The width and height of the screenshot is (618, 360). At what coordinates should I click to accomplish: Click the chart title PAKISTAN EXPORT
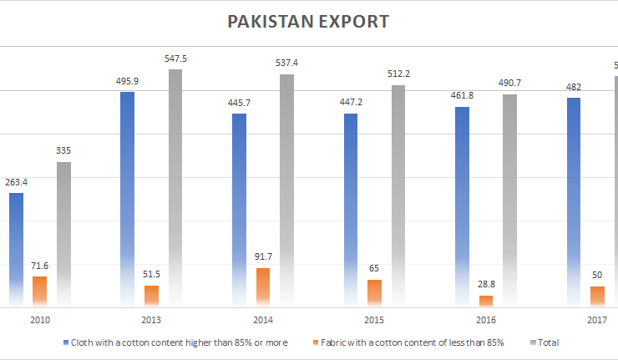pyautogui.click(x=308, y=20)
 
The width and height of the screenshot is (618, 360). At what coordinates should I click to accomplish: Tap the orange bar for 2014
pyautogui.click(x=262, y=286)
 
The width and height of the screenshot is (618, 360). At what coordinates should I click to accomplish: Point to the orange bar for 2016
pyautogui.click(x=486, y=301)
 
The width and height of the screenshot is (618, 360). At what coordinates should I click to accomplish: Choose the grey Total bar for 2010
pyautogui.click(x=63, y=234)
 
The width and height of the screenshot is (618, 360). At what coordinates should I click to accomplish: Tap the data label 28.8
pyautogui.click(x=486, y=286)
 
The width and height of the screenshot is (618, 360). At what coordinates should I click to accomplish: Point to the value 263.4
pyautogui.click(x=17, y=183)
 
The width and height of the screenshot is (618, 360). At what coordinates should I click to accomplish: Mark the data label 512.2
pyautogui.click(x=398, y=74)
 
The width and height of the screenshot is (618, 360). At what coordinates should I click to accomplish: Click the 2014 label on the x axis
pyautogui.click(x=263, y=320)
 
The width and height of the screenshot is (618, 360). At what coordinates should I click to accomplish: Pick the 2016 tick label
pyautogui.click(x=486, y=320)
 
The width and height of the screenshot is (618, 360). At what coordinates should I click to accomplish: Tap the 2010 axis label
pyautogui.click(x=40, y=320)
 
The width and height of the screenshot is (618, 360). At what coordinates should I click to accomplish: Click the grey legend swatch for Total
pyautogui.click(x=533, y=342)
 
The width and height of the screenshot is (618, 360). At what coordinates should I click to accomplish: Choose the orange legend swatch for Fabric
pyautogui.click(x=314, y=342)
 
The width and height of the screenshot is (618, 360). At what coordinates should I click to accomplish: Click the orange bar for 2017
pyautogui.click(x=597, y=297)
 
